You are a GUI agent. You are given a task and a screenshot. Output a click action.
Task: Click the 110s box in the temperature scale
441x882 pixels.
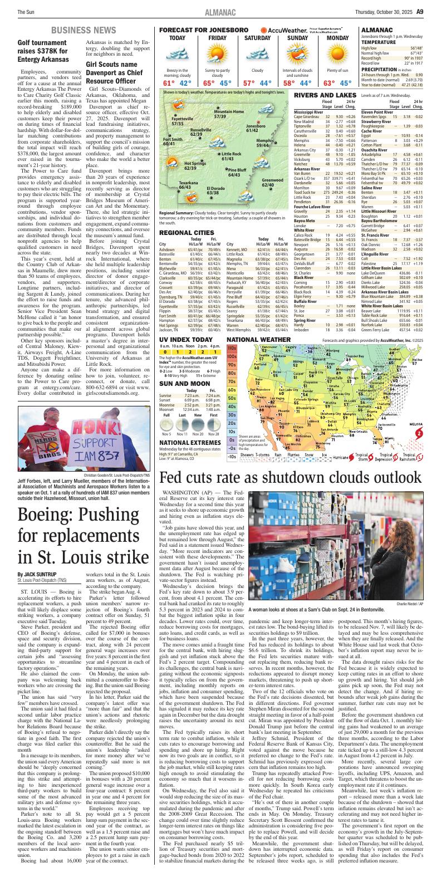click(x=232, y=364)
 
